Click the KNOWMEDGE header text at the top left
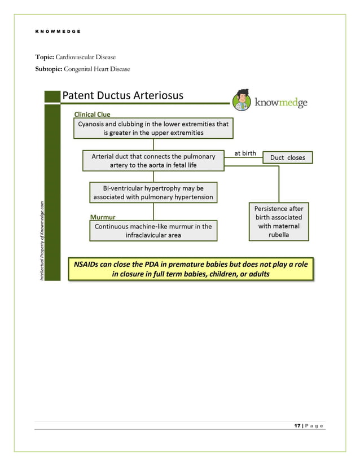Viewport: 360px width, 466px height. point(58,32)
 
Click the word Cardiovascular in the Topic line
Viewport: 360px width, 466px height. point(85,58)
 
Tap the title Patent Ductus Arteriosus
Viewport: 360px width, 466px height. point(122,95)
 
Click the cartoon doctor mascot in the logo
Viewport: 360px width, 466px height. point(242,100)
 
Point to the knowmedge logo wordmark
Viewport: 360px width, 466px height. point(280,102)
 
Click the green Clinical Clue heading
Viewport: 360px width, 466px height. point(92,115)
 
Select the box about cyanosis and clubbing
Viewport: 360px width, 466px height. point(153,128)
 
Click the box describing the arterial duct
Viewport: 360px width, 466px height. point(153,161)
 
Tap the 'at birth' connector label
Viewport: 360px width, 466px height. point(245,153)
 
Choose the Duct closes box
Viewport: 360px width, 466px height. point(287,157)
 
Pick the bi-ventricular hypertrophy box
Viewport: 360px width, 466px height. point(153,192)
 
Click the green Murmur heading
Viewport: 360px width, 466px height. point(103,217)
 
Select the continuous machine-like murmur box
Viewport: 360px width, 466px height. point(153,231)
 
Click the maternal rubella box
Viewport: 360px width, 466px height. point(279,222)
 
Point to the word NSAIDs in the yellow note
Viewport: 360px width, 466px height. point(86,264)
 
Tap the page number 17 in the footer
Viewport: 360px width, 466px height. point(297,425)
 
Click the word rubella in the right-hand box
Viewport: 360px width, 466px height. point(279,235)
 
